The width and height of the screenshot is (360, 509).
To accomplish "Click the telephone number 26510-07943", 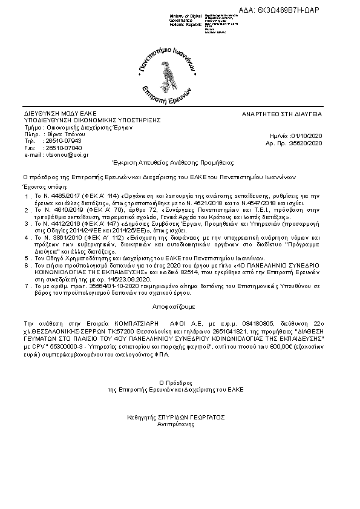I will point(63,140).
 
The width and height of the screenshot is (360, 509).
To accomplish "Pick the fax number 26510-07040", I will point(63,148).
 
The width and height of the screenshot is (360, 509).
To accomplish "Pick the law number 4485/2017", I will point(61,197).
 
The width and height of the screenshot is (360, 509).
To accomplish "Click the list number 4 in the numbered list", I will point(27,238).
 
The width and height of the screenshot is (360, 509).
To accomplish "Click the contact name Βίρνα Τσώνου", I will point(64,134).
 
